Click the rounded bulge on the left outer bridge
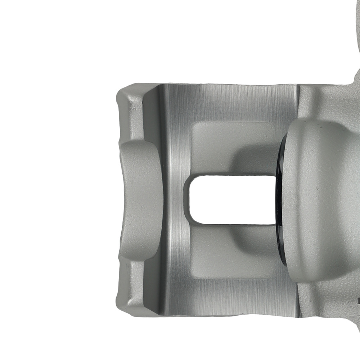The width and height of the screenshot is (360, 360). pyautogui.click(x=139, y=198)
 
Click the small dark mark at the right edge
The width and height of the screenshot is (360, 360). pyautogui.click(x=359, y=299)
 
